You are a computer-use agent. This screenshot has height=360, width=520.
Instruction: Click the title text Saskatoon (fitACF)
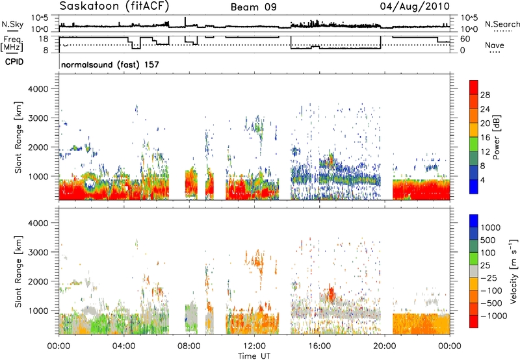114,6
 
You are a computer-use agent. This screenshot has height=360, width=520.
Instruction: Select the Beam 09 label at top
253,7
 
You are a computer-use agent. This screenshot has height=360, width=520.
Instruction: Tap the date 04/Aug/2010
415,6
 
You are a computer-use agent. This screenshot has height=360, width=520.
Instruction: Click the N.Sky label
12,24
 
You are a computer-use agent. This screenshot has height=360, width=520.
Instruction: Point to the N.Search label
502,24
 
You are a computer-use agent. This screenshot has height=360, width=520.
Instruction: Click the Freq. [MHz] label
12,44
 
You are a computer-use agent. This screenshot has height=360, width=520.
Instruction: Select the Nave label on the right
495,45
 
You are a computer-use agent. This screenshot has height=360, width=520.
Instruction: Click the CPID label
14,62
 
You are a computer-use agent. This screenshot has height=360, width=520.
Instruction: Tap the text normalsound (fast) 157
110,64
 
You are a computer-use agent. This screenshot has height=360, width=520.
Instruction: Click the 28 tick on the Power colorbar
485,95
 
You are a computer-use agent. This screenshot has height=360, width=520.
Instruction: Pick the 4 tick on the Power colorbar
482,181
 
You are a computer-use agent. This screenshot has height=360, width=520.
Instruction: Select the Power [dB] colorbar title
496,137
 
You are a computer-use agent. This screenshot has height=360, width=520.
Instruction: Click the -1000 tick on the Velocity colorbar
493,316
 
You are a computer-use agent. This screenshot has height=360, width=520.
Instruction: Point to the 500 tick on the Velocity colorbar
487,240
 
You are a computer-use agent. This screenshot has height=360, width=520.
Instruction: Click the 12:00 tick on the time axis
254,346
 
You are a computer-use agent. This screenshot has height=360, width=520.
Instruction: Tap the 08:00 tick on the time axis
189,346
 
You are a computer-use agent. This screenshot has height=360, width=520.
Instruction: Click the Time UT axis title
254,355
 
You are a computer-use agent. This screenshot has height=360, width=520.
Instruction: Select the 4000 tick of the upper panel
38,89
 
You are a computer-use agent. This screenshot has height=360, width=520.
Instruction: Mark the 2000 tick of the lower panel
38,281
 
